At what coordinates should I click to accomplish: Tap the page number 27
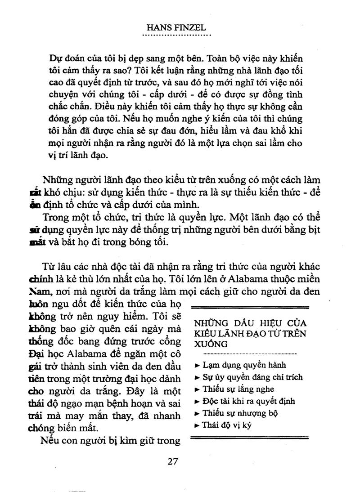(173, 461)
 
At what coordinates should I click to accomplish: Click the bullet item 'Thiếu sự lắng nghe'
(238, 389)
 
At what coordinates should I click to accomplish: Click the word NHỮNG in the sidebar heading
(209, 323)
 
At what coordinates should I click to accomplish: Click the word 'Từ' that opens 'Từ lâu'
(49, 264)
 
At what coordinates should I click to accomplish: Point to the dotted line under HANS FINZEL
(176, 35)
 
